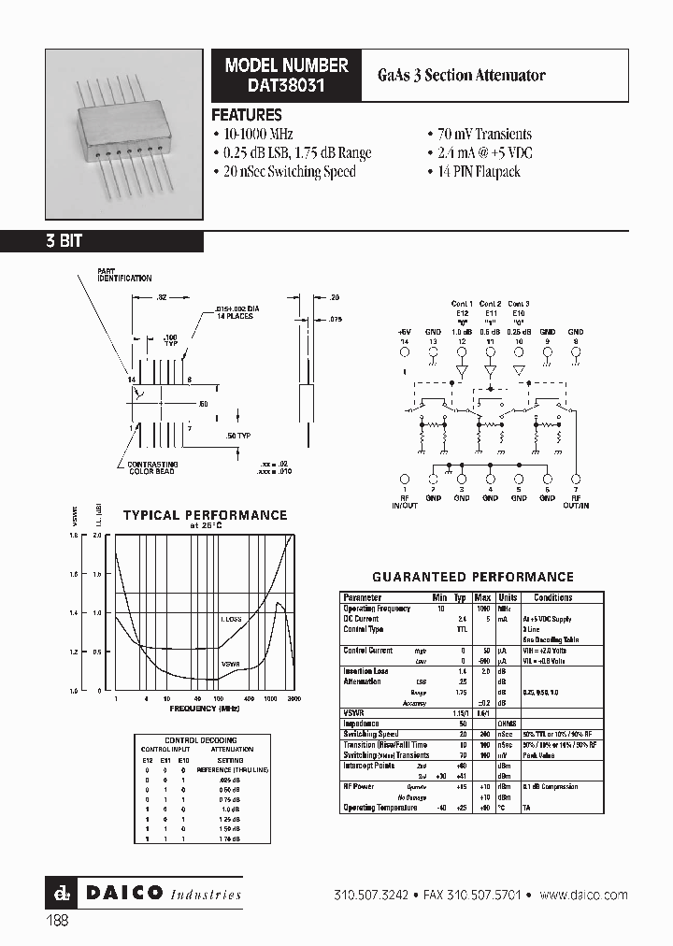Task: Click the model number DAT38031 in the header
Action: tap(286, 84)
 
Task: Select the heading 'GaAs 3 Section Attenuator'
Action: tap(475, 75)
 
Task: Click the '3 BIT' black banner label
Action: tap(64, 241)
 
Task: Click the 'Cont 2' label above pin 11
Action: tap(490, 304)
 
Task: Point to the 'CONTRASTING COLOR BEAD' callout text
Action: tap(154, 467)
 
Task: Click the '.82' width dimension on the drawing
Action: tap(163, 296)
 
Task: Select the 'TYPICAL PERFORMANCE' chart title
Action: tap(206, 515)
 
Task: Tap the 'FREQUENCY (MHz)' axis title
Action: tap(204, 709)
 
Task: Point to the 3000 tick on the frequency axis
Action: tap(294, 698)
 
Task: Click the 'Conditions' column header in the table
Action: tap(552, 597)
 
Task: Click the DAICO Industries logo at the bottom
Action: tap(145, 894)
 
